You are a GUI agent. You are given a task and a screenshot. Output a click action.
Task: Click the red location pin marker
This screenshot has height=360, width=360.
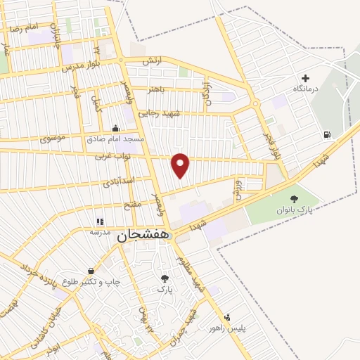pyautogui.click(x=181, y=165)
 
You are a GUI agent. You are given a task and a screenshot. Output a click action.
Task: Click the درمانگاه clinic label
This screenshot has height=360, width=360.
pyautogui.click(x=307, y=89)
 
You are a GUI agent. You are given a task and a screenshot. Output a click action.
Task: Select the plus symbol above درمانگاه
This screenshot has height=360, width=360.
pyautogui.click(x=305, y=78)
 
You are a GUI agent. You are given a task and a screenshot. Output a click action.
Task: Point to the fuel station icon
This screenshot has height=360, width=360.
pyautogui.click(x=326, y=135)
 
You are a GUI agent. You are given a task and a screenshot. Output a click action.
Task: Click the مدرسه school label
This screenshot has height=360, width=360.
pyautogui.click(x=98, y=231)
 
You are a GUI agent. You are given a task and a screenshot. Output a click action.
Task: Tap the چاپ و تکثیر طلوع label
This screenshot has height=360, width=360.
pyautogui.click(x=91, y=282)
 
